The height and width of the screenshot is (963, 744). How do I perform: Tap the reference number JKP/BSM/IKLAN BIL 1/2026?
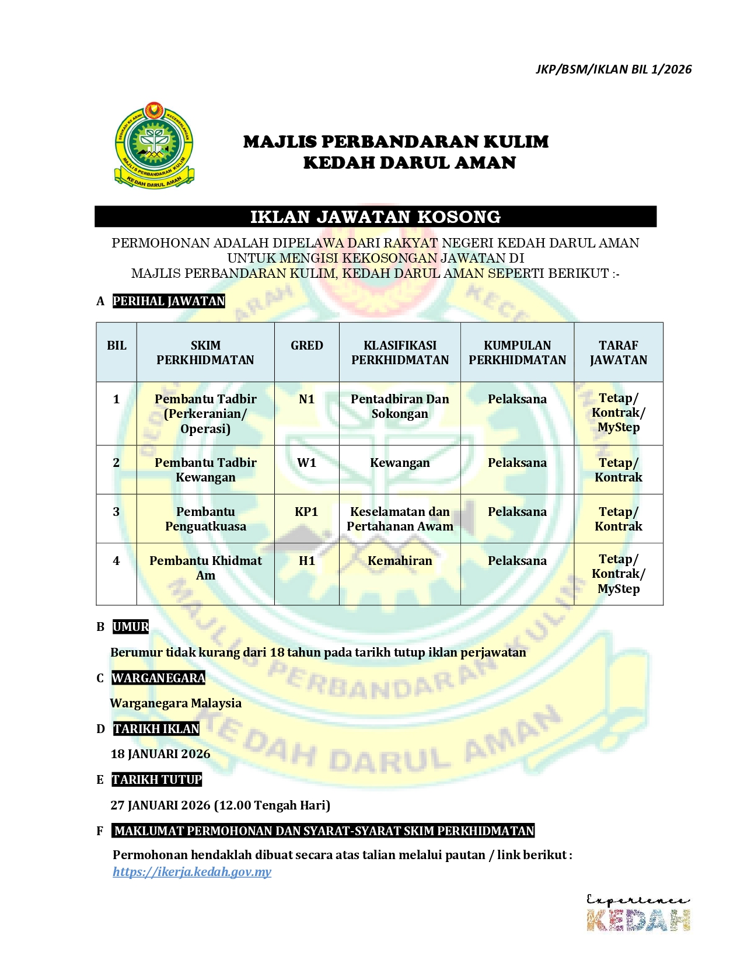[x=613, y=69]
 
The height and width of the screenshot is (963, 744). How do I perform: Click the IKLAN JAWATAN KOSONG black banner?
[x=375, y=217]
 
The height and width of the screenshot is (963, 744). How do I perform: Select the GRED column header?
[x=306, y=346]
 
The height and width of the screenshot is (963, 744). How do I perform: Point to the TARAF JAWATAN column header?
[x=618, y=353]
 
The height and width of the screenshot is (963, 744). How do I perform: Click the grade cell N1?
[x=306, y=399]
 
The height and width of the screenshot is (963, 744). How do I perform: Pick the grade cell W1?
[x=306, y=463]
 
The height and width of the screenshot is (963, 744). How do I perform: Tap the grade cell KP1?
[x=306, y=512]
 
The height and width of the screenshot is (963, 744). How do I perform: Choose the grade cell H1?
[x=306, y=561]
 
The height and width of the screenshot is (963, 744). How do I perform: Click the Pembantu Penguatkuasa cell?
[x=205, y=519]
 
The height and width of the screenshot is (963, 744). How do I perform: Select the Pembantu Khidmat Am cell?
[x=205, y=568]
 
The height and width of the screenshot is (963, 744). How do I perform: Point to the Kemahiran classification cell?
[x=400, y=561]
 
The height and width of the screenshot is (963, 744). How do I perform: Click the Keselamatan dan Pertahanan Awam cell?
[x=400, y=519]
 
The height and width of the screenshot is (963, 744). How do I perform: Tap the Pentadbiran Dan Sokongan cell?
[x=400, y=406]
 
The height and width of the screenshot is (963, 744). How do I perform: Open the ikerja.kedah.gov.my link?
[x=192, y=872]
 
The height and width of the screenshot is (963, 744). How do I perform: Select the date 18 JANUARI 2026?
[x=160, y=754]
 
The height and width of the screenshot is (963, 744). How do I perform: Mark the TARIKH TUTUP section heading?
[x=157, y=780]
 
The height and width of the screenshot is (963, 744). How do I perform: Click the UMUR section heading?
[x=131, y=627]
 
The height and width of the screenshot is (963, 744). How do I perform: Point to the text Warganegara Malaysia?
[x=176, y=703]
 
